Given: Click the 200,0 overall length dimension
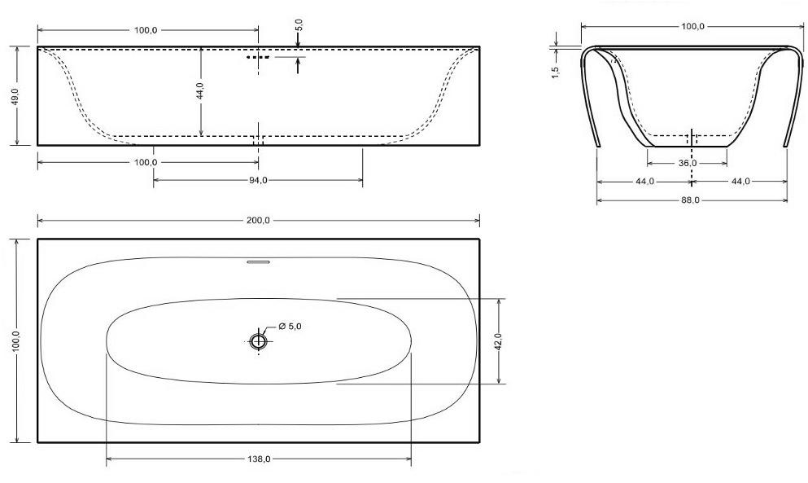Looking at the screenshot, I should pyautogui.click(x=259, y=220).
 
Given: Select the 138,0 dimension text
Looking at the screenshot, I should pyautogui.click(x=259, y=459).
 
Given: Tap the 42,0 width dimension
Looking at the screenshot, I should pyautogui.click(x=498, y=340).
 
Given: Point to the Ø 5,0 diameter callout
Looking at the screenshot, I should pyautogui.click(x=290, y=327).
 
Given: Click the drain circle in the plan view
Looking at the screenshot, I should pyautogui.click(x=258, y=341).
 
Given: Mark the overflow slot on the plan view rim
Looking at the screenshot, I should pyautogui.click(x=258, y=262).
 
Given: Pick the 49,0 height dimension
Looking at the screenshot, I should pyautogui.click(x=15, y=95).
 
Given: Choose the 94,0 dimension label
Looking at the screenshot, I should pyautogui.click(x=258, y=180).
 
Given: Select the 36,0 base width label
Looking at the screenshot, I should pyautogui.click(x=688, y=163).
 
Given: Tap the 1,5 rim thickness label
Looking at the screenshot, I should pyautogui.click(x=555, y=72).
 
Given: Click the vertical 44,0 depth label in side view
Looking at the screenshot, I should pyautogui.click(x=199, y=90).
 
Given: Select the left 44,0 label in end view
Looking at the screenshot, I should pyautogui.click(x=644, y=181).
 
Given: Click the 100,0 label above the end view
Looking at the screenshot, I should pyautogui.click(x=692, y=26).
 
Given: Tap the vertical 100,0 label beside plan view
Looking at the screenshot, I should pyautogui.click(x=15, y=341).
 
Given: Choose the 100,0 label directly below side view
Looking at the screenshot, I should pyautogui.click(x=146, y=162).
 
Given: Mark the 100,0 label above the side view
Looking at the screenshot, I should pyautogui.click(x=146, y=30).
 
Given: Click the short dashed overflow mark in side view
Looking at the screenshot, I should pyautogui.click(x=258, y=58).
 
